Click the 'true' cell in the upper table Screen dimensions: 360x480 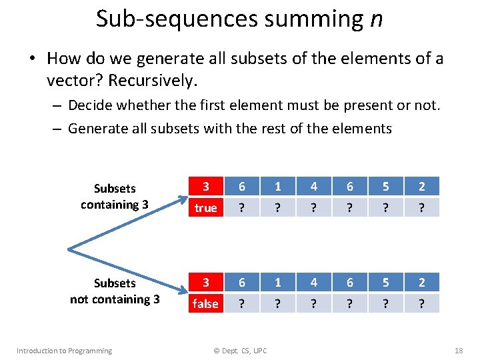205,208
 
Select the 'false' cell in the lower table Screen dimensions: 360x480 205,304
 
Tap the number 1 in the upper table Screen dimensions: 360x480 277,187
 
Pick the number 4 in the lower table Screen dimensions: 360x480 313,283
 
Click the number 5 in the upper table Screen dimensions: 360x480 385,187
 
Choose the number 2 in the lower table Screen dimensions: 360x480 421,283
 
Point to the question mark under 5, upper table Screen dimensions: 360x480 385,208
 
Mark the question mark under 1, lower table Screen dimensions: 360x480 277,304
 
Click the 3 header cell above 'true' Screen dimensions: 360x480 205,187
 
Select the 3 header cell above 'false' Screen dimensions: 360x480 205,283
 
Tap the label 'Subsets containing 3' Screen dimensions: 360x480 115,197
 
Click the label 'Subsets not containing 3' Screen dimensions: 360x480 115,291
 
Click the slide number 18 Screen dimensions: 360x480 458,351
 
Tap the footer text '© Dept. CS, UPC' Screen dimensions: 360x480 240,351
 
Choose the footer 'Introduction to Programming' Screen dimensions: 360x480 64,351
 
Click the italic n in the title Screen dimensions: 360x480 376,19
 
